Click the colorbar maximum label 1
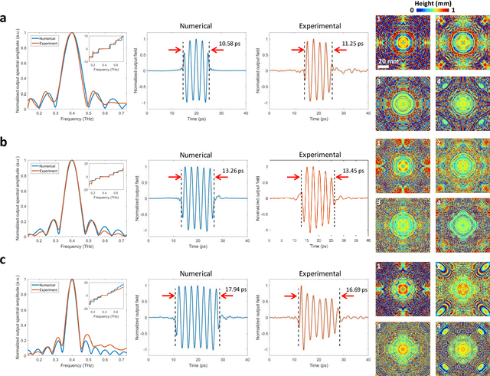coord(475,10)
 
